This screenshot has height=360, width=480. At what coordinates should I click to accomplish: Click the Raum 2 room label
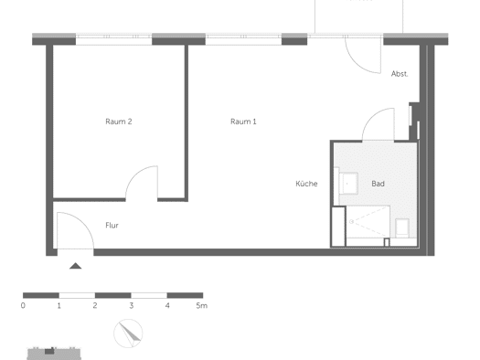tap(119, 122)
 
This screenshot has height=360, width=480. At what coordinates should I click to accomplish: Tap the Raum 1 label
tap(243, 122)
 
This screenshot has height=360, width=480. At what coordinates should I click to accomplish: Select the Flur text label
tap(112, 226)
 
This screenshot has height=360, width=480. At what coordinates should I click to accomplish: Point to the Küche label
tap(306, 184)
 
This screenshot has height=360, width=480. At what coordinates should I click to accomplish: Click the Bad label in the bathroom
tap(379, 184)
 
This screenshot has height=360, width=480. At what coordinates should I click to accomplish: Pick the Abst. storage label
tap(400, 74)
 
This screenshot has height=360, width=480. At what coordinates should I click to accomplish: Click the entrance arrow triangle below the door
tap(75, 266)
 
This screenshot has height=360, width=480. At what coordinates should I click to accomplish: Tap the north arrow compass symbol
tap(128, 334)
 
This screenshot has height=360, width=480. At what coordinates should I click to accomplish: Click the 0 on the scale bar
tap(23, 305)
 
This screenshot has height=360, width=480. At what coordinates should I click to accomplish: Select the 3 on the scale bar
tap(132, 305)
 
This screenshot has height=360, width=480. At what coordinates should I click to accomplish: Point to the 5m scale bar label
tap(202, 305)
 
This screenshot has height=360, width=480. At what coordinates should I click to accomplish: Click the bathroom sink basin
tap(348, 184)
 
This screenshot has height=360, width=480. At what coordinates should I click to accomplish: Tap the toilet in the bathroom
tap(402, 228)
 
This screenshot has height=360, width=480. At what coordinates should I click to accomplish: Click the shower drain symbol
tap(352, 221)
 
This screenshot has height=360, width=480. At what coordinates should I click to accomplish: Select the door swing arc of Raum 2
tap(137, 173)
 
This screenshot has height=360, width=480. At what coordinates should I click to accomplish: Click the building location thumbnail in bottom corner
tap(54, 354)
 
